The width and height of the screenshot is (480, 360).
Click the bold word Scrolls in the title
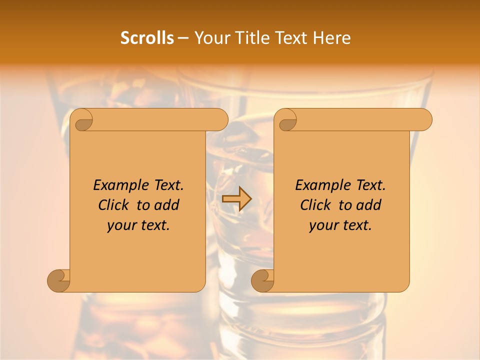[147, 38]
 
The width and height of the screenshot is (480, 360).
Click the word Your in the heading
[210, 38]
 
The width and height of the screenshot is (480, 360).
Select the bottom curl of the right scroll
[262, 280]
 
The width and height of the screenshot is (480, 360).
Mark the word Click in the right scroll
[316, 205]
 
